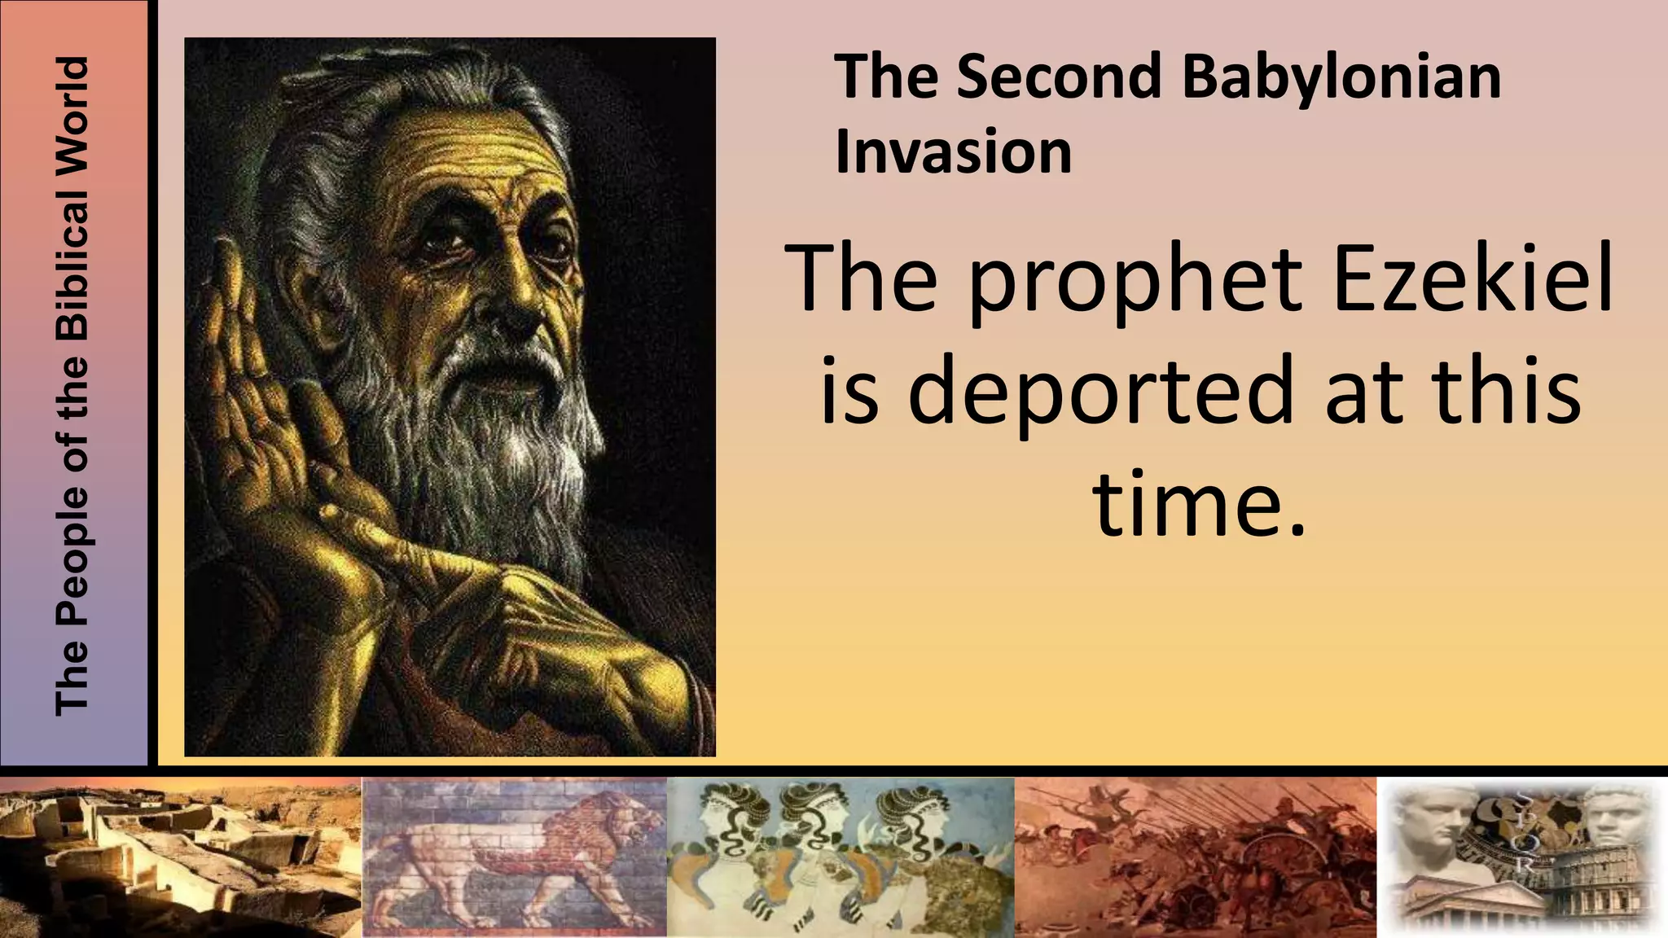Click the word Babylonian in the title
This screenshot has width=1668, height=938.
(1341, 78)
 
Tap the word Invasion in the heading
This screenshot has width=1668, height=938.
(953, 152)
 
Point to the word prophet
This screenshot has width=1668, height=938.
(1135, 281)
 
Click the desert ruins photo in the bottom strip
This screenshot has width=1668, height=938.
(180, 857)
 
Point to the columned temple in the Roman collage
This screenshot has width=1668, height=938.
(1458, 904)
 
